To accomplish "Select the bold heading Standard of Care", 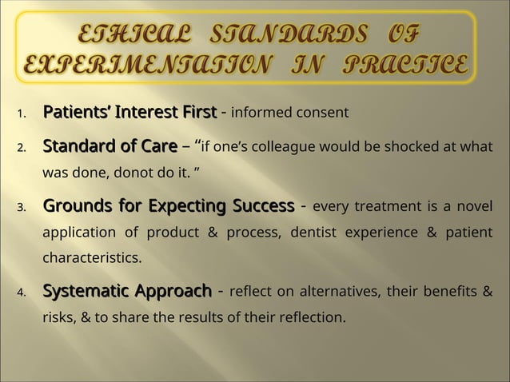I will (110, 146).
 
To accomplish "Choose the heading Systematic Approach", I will (126, 289).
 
